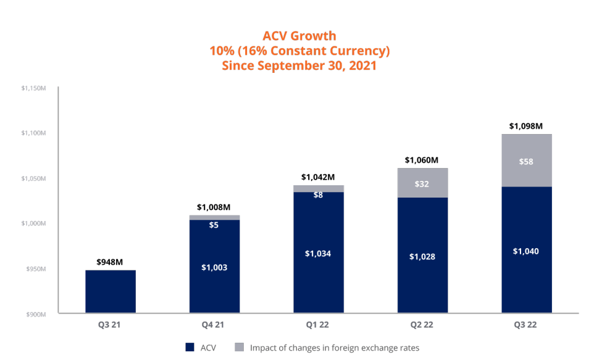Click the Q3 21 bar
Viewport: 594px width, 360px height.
(x=111, y=291)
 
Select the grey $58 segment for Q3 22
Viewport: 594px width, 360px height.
(x=526, y=160)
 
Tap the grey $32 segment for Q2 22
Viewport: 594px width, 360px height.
(x=422, y=183)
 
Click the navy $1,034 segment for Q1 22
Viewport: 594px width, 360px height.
(x=318, y=253)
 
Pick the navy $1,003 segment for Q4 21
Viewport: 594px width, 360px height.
(x=214, y=266)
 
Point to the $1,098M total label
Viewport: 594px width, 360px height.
(x=526, y=126)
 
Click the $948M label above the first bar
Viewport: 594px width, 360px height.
(x=110, y=262)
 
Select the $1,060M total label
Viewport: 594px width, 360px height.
(x=422, y=160)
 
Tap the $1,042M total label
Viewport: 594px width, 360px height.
(x=318, y=177)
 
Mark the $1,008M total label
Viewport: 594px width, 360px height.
(x=214, y=207)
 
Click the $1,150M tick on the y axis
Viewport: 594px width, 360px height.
(x=34, y=88)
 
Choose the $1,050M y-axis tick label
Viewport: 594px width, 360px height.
(x=34, y=178)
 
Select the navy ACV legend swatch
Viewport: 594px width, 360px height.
(x=190, y=348)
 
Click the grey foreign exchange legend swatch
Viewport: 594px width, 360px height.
(x=240, y=348)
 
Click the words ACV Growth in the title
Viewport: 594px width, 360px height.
(x=299, y=36)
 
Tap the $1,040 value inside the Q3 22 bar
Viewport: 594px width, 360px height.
(x=526, y=251)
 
